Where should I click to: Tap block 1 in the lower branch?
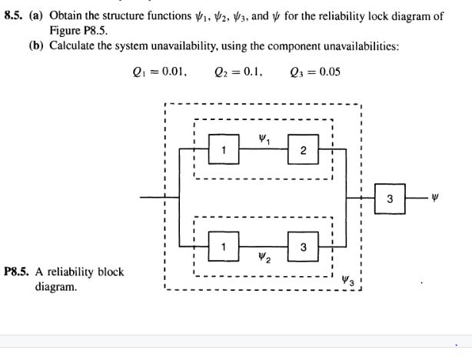pos(224,245)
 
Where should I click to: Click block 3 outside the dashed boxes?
pos(390,198)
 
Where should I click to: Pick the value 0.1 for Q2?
pos(254,73)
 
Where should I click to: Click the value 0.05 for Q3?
pos(326,73)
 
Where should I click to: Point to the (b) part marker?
pos(35,45)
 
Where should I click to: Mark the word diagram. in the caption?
pos(56,286)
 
